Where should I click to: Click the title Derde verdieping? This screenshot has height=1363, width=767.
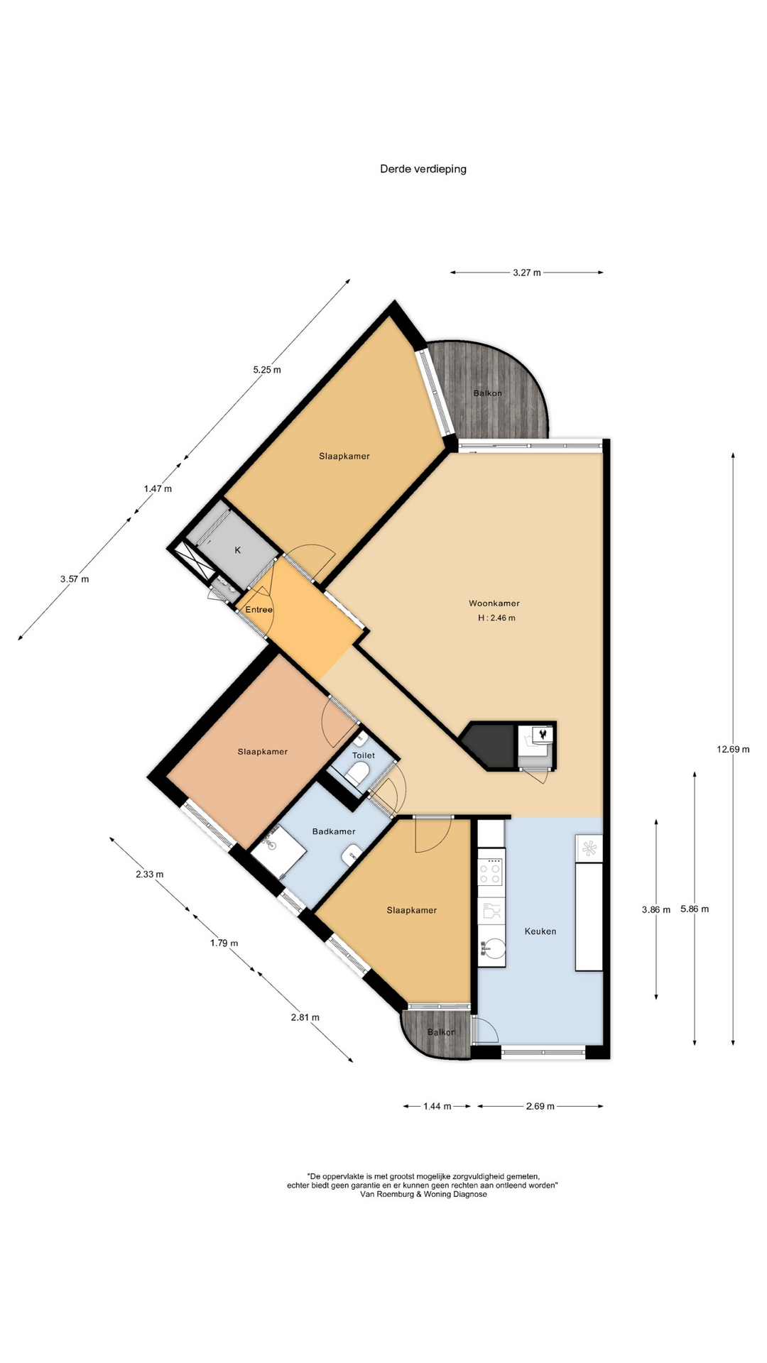423,169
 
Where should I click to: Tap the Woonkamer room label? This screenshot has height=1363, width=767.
494,603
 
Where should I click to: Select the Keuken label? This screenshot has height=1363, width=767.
540,931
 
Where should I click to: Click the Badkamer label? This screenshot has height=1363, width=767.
334,831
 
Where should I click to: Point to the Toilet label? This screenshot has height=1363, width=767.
364,755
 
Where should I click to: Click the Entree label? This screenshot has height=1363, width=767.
259,610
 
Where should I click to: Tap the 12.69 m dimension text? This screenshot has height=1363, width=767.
734,749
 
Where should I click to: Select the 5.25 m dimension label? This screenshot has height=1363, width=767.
267,370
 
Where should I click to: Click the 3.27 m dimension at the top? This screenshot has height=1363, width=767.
527,273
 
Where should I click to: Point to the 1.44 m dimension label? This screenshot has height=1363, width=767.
437,1106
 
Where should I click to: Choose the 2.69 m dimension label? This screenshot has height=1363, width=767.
540,1106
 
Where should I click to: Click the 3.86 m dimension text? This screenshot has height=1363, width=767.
656,909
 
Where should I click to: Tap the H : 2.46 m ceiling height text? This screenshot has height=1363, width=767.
497,618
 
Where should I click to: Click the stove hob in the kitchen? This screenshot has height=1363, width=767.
491,871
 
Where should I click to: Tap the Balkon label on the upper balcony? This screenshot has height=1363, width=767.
488,393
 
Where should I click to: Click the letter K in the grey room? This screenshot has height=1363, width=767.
238,550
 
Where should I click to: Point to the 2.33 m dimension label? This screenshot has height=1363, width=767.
150,875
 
